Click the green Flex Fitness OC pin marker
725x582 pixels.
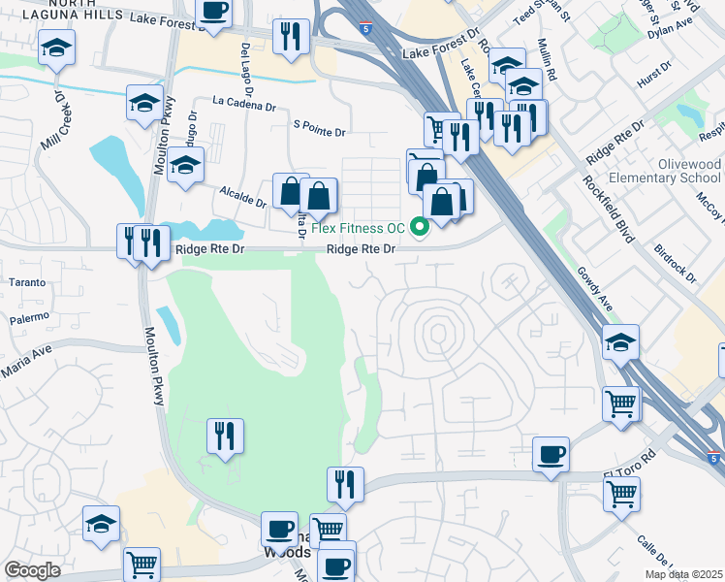coord(420,228)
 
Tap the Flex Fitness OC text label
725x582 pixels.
coord(358,229)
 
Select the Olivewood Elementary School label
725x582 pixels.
coord(677,172)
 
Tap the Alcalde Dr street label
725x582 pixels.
coord(243,197)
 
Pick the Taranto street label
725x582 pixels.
coord(28,282)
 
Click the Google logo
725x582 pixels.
coord(31,570)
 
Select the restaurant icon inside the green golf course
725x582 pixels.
coord(225,436)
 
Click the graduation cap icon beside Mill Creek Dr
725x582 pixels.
coord(57,48)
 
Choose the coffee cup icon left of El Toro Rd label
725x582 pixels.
coord(551,455)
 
